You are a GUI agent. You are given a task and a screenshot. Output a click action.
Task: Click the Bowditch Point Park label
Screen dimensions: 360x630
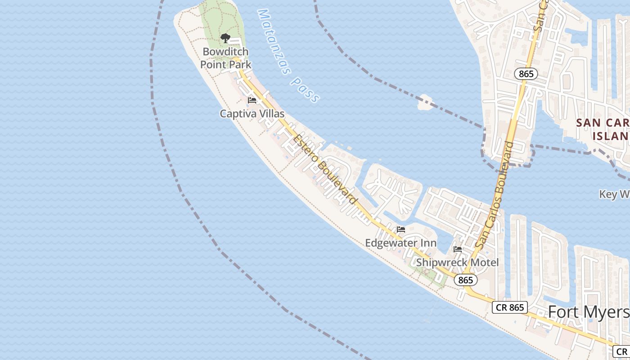pos(225,58)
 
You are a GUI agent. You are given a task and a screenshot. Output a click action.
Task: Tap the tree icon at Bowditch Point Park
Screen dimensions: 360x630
pos(225,38)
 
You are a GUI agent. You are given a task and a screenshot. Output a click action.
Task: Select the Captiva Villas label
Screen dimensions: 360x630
pos(252,114)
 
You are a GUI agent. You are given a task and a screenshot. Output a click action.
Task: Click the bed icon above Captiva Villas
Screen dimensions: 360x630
pos(252,100)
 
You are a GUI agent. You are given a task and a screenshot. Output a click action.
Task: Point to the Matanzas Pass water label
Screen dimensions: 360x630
pos(288,56)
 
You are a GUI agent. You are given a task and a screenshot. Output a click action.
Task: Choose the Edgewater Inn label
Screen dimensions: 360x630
pos(400,243)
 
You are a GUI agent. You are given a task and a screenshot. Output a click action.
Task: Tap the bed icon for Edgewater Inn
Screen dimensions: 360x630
pos(401,229)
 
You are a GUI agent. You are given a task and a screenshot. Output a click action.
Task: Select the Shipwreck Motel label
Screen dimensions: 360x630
pos(457,262)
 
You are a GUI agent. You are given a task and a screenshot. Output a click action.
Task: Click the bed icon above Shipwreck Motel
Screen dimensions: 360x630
pos(458,249)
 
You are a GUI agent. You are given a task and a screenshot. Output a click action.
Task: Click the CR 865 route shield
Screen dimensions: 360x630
pos(509,307)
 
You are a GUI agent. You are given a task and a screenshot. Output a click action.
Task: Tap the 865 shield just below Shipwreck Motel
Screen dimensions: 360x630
pos(465,280)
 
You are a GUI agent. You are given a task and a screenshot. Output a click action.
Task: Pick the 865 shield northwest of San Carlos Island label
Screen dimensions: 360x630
pos(526,74)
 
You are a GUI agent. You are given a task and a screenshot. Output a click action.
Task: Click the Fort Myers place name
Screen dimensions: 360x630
pos(589,312)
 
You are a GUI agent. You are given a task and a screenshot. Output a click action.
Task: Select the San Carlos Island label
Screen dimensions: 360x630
pos(603,129)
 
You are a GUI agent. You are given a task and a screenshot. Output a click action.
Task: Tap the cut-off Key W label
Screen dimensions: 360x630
pos(614,194)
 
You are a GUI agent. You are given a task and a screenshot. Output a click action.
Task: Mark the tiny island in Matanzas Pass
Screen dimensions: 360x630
pos(424,102)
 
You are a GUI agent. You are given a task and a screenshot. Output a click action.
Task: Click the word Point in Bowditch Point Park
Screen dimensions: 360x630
pos(214,64)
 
